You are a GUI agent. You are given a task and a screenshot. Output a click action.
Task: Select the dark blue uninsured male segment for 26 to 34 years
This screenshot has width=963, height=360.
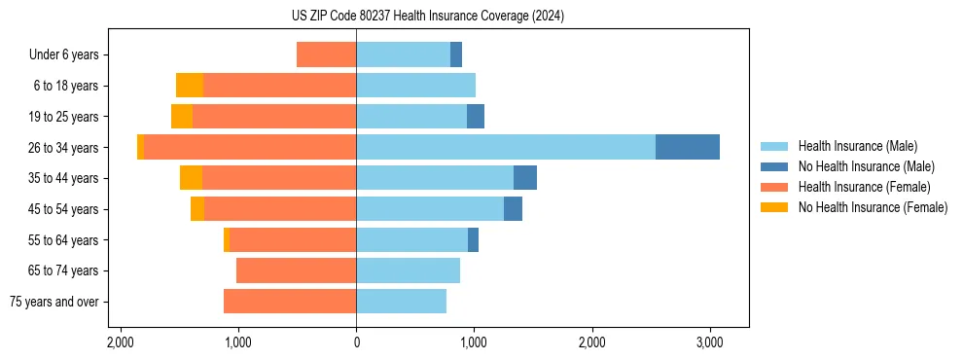pos(687,147)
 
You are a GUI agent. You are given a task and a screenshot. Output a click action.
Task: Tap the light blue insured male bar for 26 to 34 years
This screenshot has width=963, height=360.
pos(506,147)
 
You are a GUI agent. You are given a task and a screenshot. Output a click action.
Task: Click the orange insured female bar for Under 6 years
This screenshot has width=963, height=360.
pos(326,54)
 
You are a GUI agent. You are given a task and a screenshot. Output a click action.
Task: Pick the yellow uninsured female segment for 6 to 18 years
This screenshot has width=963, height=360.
pos(189,86)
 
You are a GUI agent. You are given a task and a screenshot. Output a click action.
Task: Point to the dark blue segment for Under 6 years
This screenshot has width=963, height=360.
pos(456,54)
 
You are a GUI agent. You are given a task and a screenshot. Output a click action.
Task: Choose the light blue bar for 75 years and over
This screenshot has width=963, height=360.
pos(401,302)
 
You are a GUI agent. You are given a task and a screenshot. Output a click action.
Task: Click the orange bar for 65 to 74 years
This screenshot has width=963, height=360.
pos(296,270)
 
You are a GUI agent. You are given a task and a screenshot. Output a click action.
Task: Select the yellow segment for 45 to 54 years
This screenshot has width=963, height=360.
pos(197,209)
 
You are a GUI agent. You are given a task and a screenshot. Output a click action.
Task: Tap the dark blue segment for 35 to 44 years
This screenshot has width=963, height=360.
pos(525,178)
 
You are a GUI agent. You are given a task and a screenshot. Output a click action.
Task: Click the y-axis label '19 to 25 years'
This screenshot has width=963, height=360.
pos(64,117)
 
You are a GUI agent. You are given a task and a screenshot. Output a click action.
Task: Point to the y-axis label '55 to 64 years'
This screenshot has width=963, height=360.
pos(64,240)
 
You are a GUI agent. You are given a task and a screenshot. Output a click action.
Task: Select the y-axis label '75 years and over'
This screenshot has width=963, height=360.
pos(53,302)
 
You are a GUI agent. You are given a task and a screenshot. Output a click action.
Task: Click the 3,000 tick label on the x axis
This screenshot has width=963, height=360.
pos(709,342)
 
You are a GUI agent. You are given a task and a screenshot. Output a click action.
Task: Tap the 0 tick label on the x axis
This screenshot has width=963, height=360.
pos(356,342)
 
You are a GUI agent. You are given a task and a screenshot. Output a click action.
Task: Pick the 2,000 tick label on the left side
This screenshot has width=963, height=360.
pos(121,342)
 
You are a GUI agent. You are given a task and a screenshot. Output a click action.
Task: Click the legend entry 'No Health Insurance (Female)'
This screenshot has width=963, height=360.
pos(873,207)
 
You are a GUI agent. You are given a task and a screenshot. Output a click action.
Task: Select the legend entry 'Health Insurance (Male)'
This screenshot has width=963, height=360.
pos(857,146)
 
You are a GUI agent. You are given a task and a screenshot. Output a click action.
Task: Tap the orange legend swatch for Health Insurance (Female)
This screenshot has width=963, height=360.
pos(773,187)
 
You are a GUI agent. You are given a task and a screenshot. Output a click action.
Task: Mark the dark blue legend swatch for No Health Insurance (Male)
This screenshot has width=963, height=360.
pos(773,166)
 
